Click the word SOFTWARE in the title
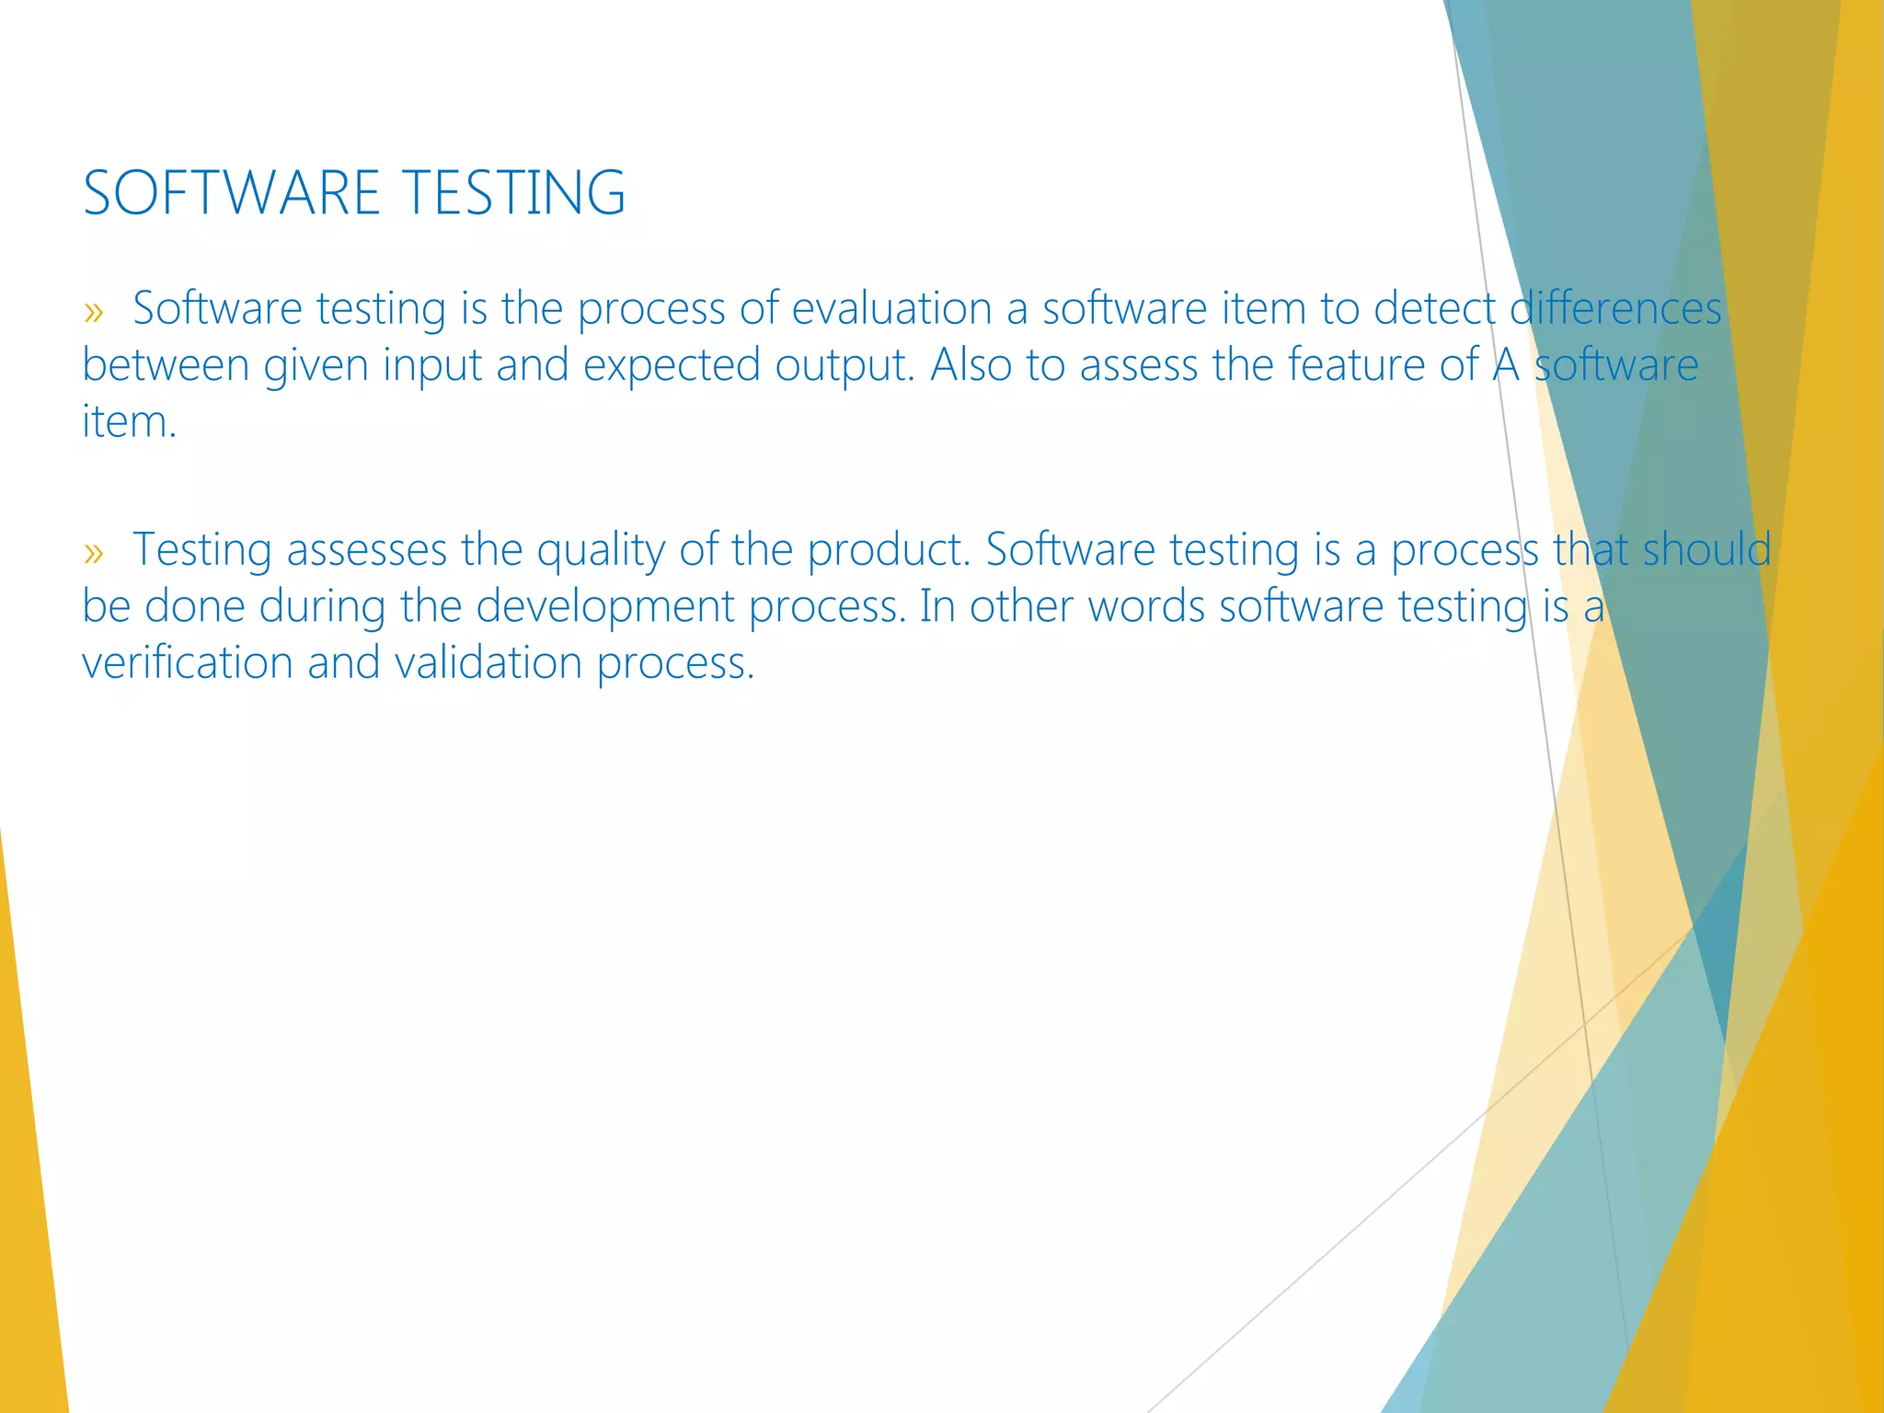(231, 193)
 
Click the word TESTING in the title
(514, 193)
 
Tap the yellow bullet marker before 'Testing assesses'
(93, 552)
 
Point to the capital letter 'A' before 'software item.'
(1506, 365)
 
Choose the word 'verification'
(187, 663)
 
